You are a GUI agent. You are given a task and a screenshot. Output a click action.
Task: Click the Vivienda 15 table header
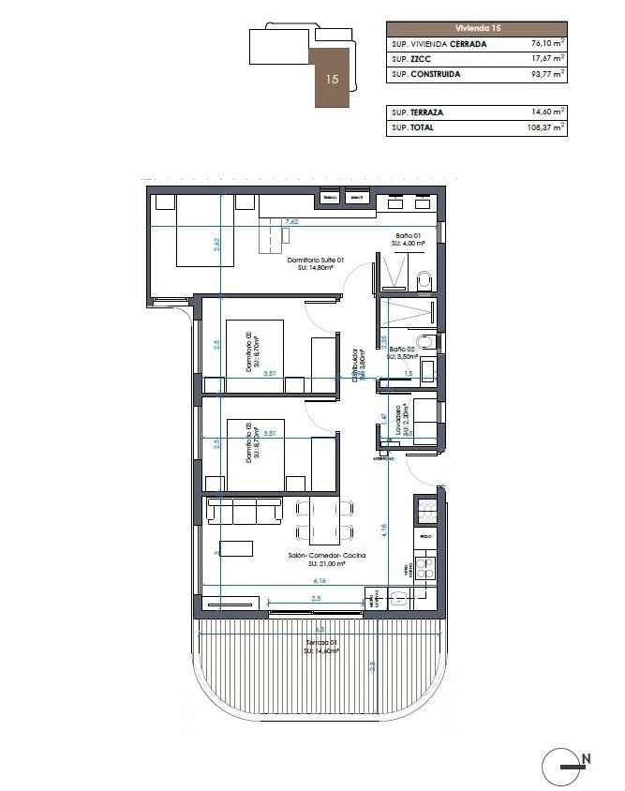click(476, 28)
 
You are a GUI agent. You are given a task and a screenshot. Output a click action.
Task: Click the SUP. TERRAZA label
click(418, 112)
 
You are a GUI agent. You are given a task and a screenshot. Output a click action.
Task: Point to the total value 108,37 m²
click(542, 127)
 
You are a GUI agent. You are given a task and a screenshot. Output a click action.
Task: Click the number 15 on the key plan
click(332, 80)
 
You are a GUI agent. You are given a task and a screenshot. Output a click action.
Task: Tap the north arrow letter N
click(586, 758)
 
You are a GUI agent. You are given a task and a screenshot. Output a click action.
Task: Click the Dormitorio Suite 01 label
click(316, 261)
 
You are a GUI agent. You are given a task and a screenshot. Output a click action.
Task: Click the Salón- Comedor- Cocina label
click(326, 556)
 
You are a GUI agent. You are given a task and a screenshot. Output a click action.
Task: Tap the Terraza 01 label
click(320, 644)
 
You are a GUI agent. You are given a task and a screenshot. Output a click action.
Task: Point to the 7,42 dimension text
click(291, 222)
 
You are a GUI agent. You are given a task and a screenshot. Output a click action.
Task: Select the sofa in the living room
click(245, 510)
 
